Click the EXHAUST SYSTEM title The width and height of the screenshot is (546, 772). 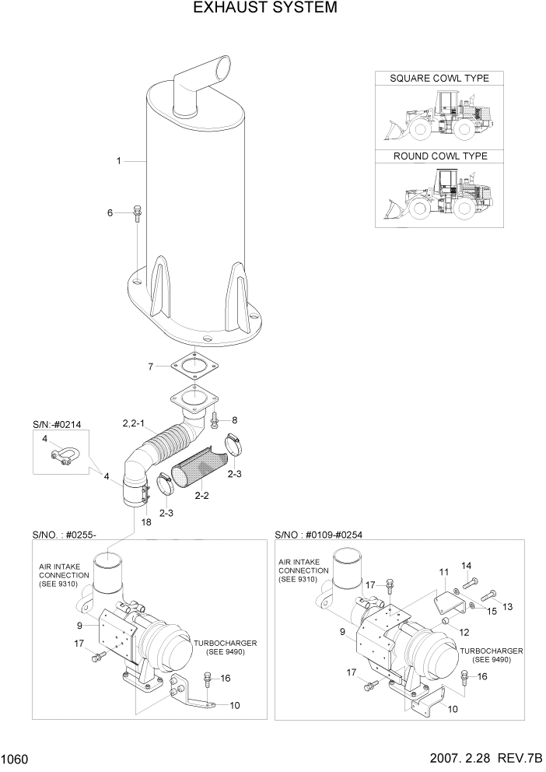(x=264, y=9)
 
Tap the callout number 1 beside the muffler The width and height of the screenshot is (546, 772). (x=118, y=161)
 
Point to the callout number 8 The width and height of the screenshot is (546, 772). (x=234, y=420)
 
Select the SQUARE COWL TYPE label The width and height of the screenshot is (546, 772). (x=439, y=79)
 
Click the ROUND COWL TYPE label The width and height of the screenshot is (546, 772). (x=439, y=156)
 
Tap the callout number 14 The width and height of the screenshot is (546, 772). (x=467, y=565)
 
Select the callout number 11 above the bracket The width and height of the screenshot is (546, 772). (x=443, y=573)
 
